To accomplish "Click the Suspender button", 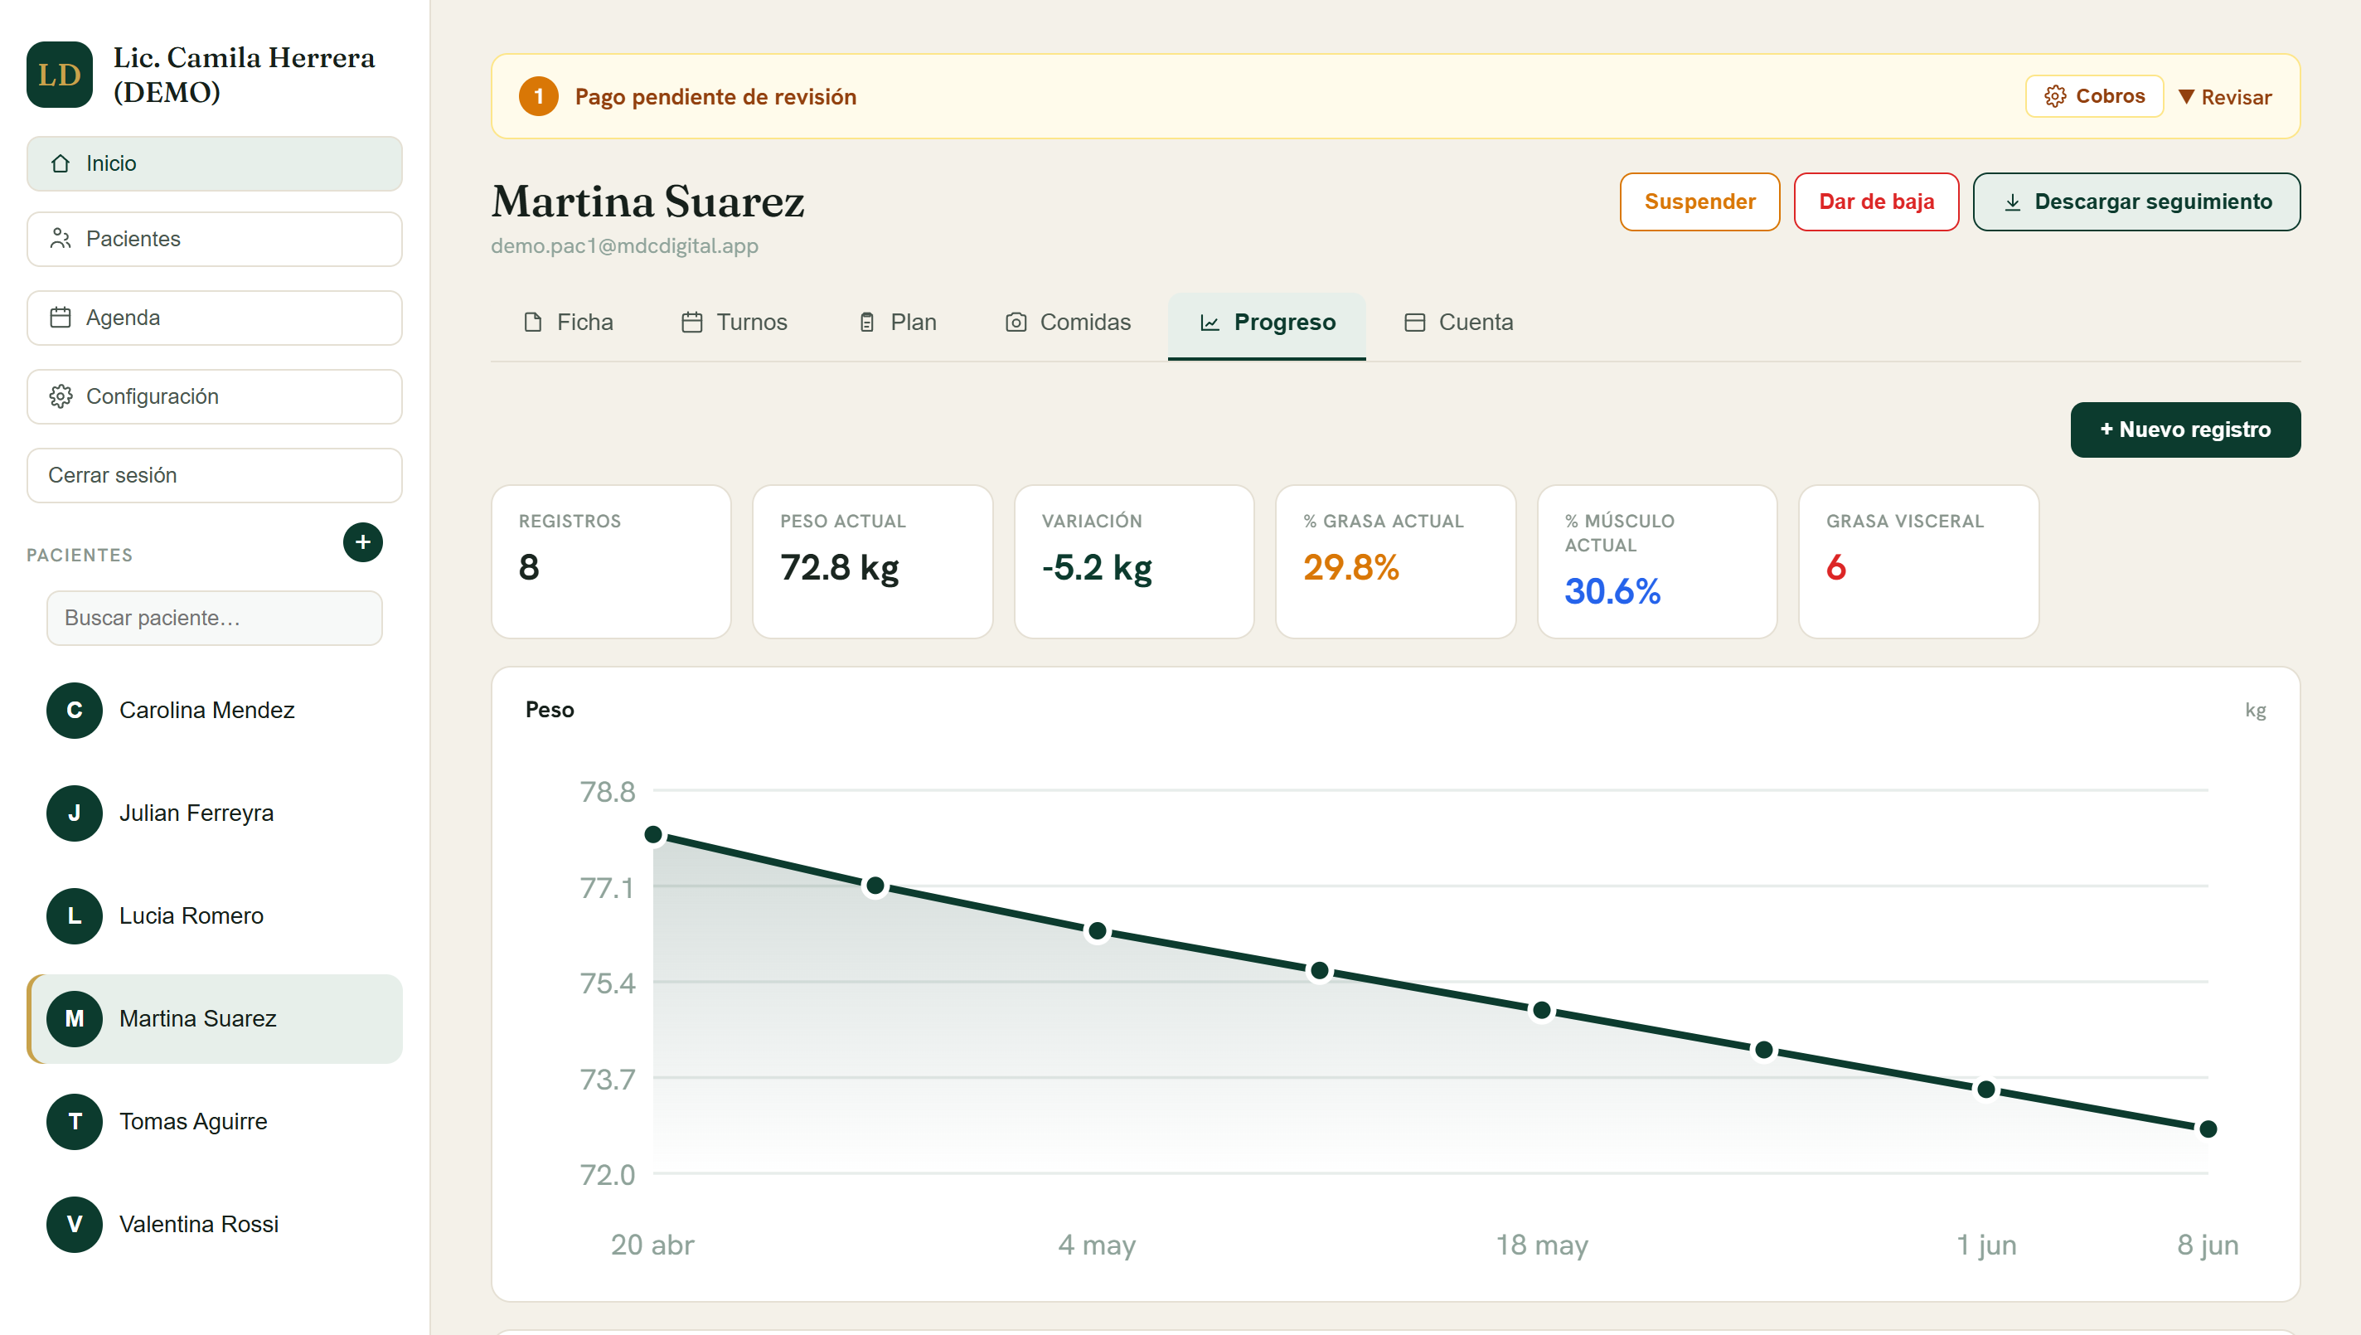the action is click(x=1699, y=201).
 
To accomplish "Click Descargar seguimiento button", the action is click(x=2136, y=201).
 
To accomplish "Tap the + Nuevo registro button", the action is click(x=2185, y=430).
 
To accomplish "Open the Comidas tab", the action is click(x=1068, y=322).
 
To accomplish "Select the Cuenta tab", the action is click(x=1458, y=322).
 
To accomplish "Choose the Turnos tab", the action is click(x=734, y=322).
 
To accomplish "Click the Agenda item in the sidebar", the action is click(x=215, y=318).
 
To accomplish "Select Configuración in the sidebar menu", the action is click(x=215, y=396).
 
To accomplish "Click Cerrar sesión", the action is click(x=215, y=475).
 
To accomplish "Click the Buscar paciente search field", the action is click(x=215, y=618).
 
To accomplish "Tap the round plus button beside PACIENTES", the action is click(x=363, y=542).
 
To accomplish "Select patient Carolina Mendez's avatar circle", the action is click(x=75, y=711).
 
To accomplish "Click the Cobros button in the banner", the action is click(x=2094, y=96).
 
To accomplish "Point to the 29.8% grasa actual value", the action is click(x=1351, y=567).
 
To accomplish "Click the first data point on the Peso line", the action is click(x=653, y=834).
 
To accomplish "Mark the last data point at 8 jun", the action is click(x=2208, y=1129).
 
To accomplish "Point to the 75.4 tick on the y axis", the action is click(x=607, y=983).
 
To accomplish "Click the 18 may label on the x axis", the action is click(x=1542, y=1245).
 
